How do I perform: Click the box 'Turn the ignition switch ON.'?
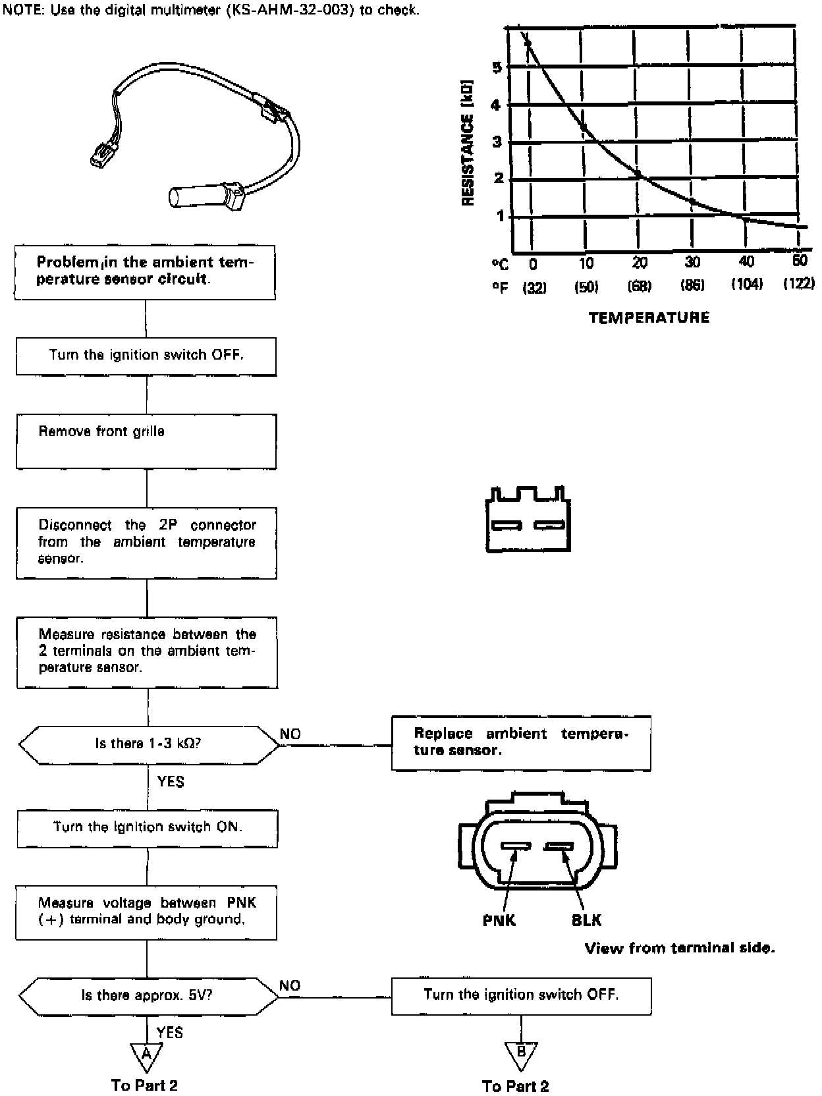click(146, 828)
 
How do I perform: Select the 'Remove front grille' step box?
click(146, 441)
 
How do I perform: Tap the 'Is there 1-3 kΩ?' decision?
click(149, 744)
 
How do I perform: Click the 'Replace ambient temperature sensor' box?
click(521, 743)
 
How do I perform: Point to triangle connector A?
click(146, 1055)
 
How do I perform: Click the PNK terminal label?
click(499, 920)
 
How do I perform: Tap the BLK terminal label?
click(586, 920)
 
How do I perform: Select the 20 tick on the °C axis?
click(640, 263)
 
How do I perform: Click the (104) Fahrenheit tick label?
click(746, 285)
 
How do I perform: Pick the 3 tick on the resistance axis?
click(497, 142)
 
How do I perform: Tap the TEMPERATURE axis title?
click(649, 318)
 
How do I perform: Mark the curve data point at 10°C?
click(584, 126)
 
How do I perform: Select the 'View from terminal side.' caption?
click(680, 948)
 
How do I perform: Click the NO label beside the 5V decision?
click(290, 985)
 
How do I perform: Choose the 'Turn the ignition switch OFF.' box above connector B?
click(521, 995)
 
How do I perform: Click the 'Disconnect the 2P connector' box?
click(146, 542)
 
